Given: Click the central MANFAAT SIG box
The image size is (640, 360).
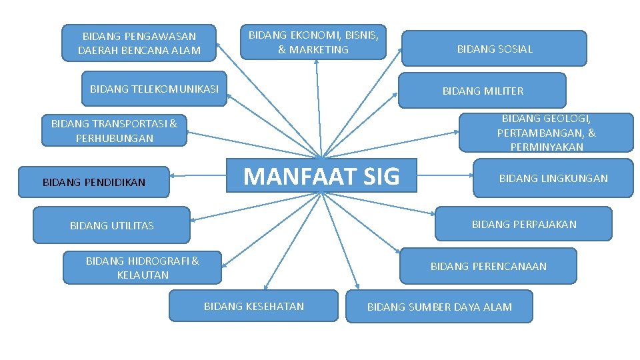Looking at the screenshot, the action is pyautogui.click(x=321, y=175).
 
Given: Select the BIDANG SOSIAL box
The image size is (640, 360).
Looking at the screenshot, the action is pyautogui.click(x=494, y=49).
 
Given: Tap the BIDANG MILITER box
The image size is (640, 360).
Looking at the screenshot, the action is pyautogui.click(x=483, y=91).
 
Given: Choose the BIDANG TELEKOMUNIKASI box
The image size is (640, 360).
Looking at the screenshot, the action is pyautogui.click(x=154, y=89).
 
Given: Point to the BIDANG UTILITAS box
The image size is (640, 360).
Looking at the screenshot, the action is pyautogui.click(x=111, y=225).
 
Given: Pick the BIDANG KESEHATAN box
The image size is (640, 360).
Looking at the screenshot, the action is pyautogui.click(x=253, y=306).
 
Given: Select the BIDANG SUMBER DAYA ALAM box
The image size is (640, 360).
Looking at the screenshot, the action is pyautogui.click(x=439, y=307).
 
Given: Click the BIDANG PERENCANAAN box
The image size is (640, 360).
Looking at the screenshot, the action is pyautogui.click(x=488, y=266).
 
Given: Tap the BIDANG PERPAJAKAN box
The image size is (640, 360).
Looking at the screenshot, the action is pyautogui.click(x=523, y=224).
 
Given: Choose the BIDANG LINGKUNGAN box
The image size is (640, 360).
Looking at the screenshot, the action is pyautogui.click(x=553, y=178).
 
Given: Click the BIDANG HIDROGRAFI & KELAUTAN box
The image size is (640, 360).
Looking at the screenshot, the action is pyautogui.click(x=142, y=267).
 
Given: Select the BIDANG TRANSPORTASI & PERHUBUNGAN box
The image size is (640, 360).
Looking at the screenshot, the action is pyautogui.click(x=114, y=131).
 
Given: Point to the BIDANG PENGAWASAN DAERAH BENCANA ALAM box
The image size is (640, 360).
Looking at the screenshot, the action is pyautogui.click(x=139, y=43).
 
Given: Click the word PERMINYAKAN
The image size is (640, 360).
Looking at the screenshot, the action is pyautogui.click(x=547, y=147).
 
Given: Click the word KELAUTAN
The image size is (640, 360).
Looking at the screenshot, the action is pyautogui.click(x=143, y=275).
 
